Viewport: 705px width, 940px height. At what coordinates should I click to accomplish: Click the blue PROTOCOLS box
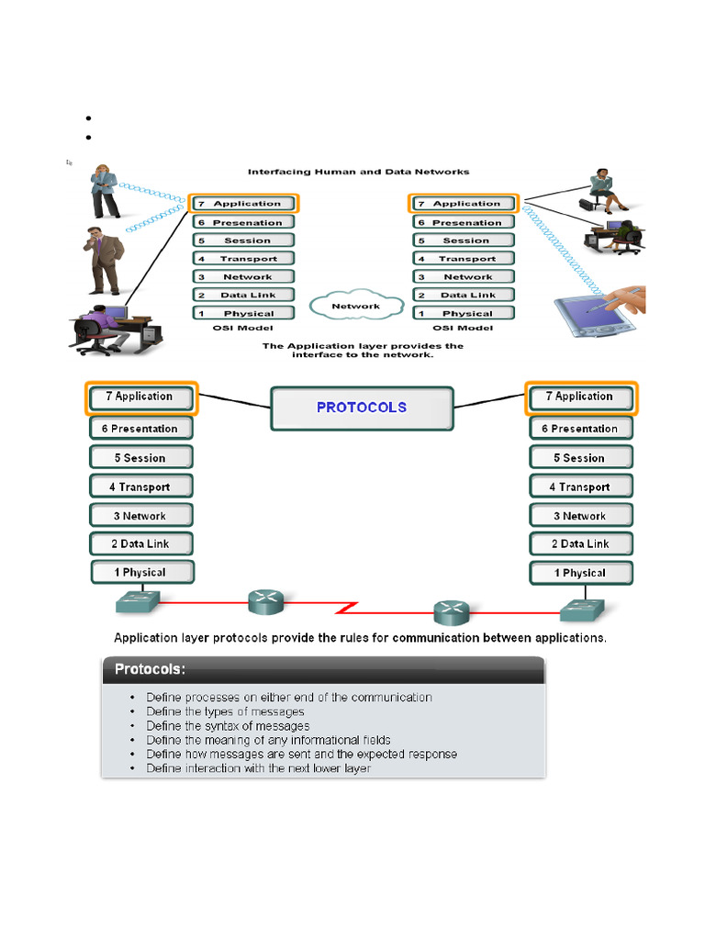(x=362, y=408)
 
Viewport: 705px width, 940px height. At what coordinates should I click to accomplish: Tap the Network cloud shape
(x=356, y=306)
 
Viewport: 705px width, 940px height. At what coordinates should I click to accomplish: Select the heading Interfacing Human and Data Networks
(x=359, y=172)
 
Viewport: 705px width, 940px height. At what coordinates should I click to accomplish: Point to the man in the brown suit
(x=103, y=259)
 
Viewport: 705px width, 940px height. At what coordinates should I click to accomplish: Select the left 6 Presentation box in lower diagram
(x=141, y=429)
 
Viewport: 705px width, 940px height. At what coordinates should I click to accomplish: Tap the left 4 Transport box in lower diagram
(x=141, y=487)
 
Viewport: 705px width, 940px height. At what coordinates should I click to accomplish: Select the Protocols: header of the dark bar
(x=150, y=670)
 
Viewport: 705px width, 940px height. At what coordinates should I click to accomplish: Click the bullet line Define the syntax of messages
(x=228, y=726)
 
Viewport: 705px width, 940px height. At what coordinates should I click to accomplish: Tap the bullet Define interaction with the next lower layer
(x=258, y=768)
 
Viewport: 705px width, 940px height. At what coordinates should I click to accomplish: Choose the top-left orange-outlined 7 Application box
(x=244, y=204)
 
